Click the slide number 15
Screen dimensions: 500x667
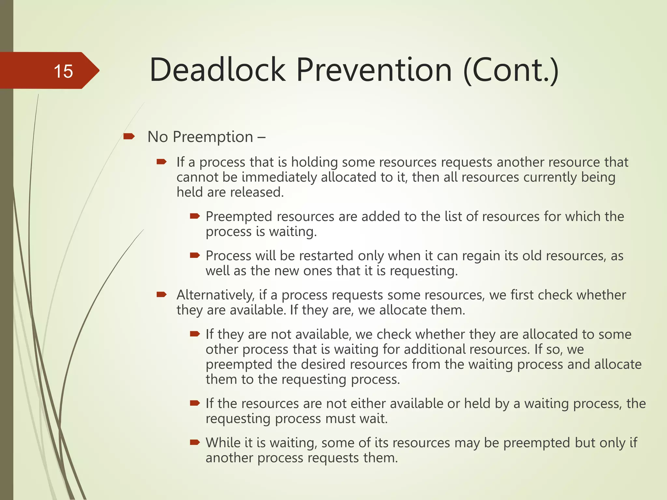63,71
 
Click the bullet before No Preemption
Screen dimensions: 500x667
129,136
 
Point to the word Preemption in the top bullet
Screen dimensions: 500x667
213,137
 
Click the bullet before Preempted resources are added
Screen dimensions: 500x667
194,216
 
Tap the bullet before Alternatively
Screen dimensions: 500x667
162,295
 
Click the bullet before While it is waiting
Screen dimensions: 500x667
194,442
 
